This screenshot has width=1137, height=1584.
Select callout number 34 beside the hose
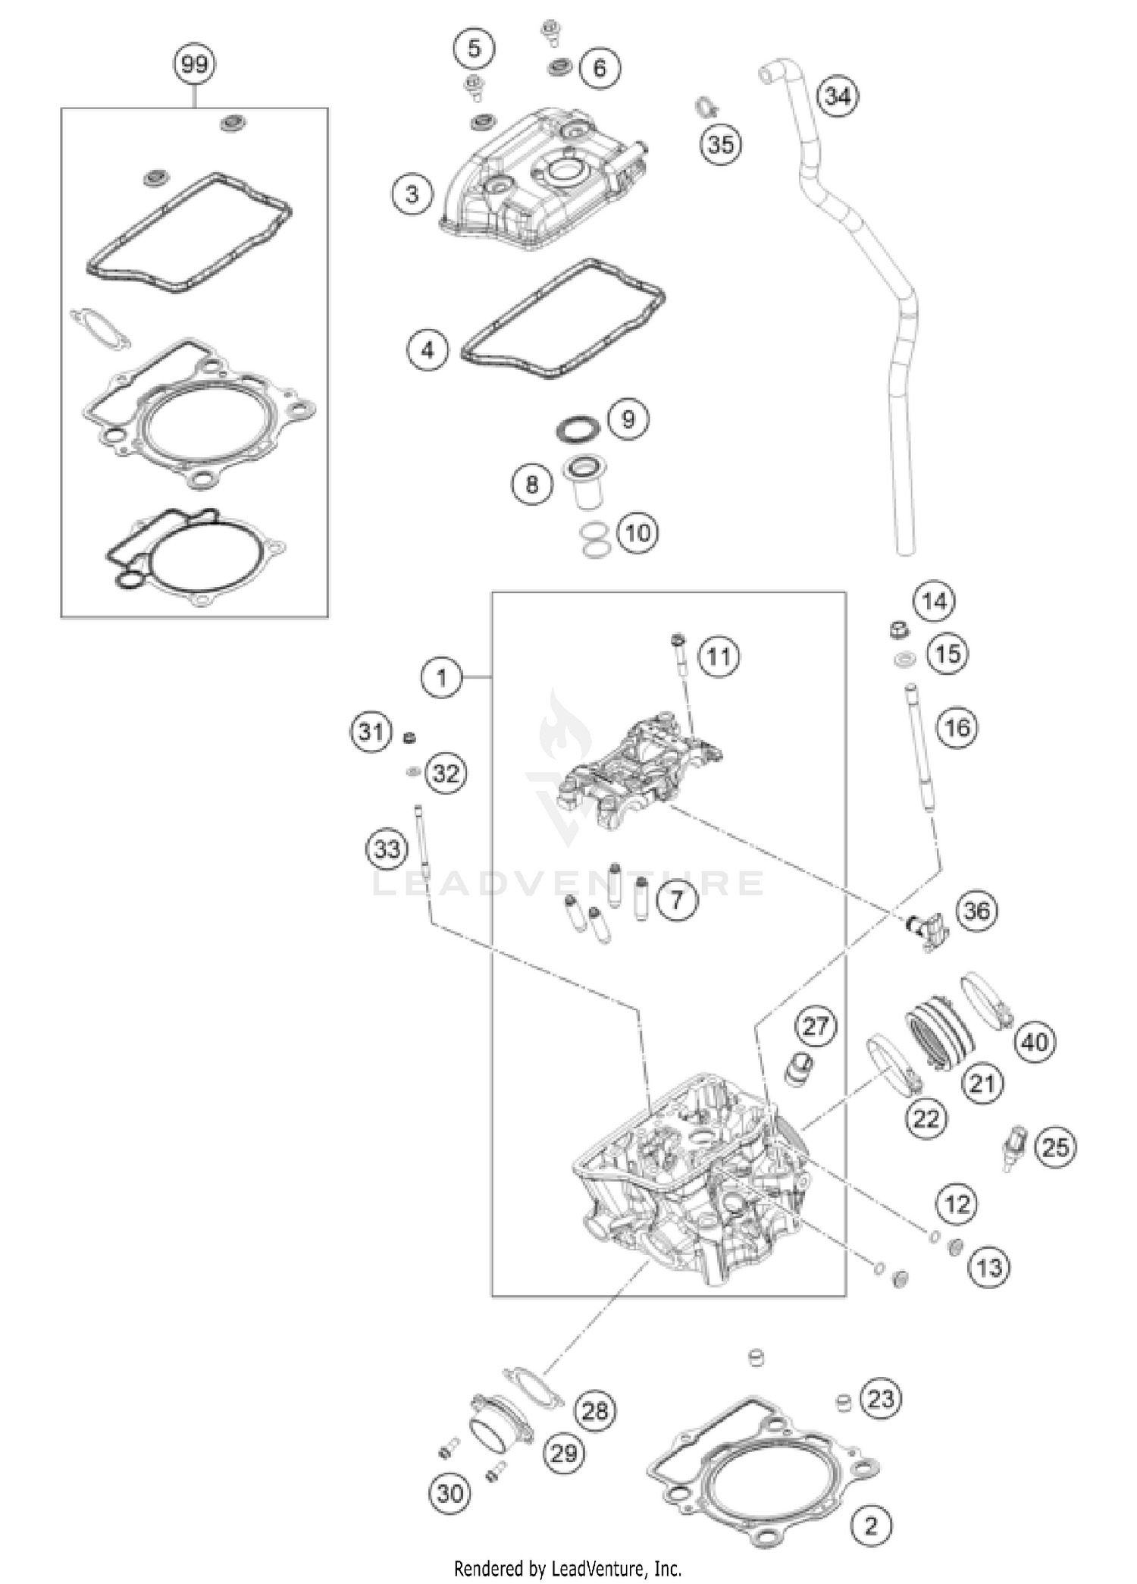pos(838,97)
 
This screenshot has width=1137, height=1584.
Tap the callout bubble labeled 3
pos(412,194)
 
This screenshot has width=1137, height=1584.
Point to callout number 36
pos(977,910)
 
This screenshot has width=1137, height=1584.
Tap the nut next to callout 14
pos(899,629)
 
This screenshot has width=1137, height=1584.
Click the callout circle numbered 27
pos(816,1027)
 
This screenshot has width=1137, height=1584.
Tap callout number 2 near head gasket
pos(870,1525)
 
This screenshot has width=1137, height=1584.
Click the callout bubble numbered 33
pos(387,848)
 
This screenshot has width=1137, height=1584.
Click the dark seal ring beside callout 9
pos(579,428)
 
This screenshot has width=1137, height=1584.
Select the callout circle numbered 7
pos(676,899)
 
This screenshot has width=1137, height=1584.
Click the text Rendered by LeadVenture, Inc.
pos(568,1567)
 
